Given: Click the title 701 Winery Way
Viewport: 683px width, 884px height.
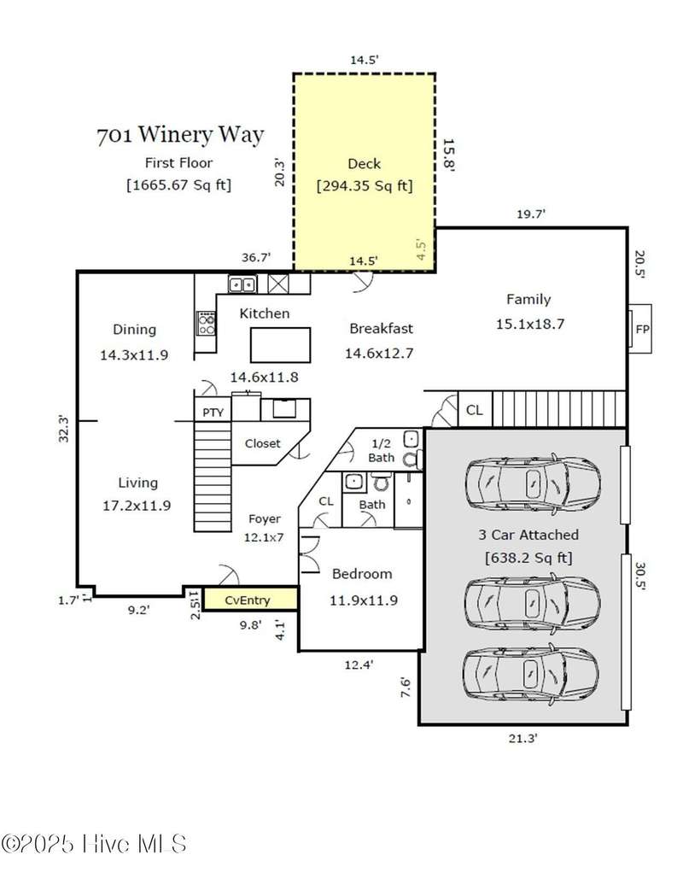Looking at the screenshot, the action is pos(180,135).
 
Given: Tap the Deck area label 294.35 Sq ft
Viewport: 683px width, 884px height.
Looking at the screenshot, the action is pos(365,185).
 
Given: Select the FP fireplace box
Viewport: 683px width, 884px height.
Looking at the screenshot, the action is pos(640,329).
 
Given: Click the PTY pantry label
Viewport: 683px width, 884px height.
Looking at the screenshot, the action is pos(213,413).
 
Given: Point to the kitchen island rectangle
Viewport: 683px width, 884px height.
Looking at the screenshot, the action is pos(280,345).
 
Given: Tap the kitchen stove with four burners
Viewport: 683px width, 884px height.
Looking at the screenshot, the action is pos(207,323).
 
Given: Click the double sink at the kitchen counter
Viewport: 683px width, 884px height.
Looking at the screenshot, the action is pos(242,284).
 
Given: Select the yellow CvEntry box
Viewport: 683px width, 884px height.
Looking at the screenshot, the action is pos(250,599).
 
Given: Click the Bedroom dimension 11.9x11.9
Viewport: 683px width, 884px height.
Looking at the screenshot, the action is pos(364,600).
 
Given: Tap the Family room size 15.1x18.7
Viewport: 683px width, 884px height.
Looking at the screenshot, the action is pos(529,325).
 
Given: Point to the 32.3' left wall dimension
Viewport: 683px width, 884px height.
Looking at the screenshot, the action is pos(64,429).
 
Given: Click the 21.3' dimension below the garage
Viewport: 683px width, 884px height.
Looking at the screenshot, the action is pos(523,738).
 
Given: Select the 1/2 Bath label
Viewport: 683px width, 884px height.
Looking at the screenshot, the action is pos(382,450).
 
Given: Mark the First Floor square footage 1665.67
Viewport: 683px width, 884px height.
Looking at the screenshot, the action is pos(179,185).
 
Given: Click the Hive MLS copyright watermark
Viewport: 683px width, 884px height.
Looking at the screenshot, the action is pos(94,844).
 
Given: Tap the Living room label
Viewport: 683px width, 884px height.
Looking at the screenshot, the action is pos(138,483).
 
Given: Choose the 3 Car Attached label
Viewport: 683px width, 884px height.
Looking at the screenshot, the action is pos(528,535).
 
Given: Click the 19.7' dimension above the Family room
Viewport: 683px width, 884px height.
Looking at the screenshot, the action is pos(531,214).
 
